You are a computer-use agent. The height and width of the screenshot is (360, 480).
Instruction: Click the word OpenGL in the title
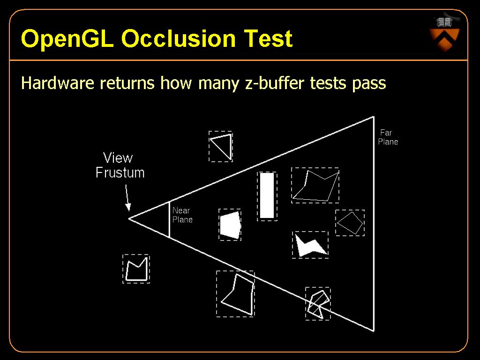tap(67, 39)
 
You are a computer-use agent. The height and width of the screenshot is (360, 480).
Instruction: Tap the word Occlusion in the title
tap(179, 38)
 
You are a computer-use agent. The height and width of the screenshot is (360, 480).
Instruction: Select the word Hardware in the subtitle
tap(58, 83)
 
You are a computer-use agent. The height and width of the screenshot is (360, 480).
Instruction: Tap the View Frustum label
tap(120, 165)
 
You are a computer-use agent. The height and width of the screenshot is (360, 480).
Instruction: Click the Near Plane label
tap(182, 215)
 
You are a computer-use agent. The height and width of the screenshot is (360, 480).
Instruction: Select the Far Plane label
tap(388, 137)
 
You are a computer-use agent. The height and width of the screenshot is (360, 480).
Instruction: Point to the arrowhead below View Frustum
tap(128, 207)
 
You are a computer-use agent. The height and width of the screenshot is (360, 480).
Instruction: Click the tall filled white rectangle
tap(267, 196)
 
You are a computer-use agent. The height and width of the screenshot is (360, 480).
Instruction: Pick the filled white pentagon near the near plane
tap(230, 225)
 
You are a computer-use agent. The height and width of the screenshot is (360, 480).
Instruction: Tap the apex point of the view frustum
tap(129, 218)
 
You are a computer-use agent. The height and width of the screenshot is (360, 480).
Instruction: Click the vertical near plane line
tap(169, 219)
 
